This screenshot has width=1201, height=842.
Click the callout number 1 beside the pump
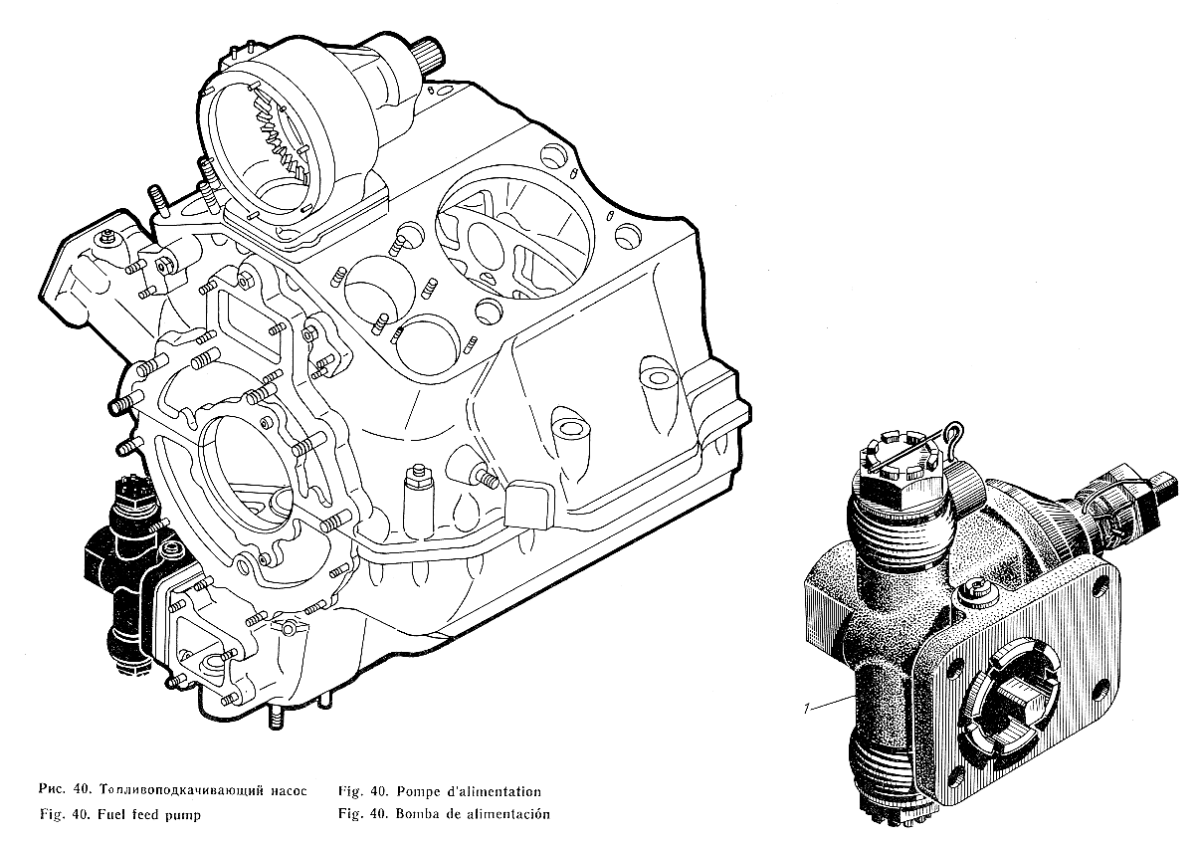[x=806, y=709]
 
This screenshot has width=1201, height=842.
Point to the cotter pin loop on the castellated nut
[x=953, y=431]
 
